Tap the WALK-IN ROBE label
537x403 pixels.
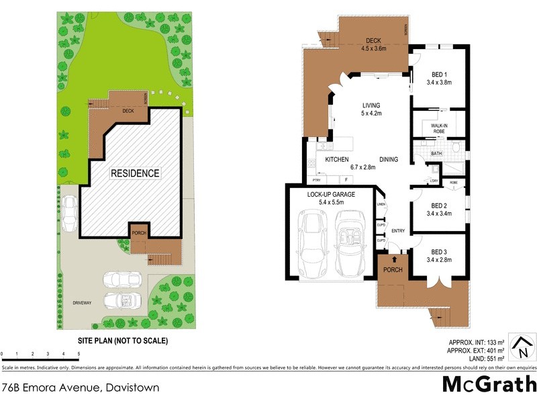pyautogui.click(x=438, y=128)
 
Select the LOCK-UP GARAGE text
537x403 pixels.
pyautogui.click(x=330, y=194)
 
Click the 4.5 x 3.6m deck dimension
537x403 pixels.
pyautogui.click(x=373, y=48)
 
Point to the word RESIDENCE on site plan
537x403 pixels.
pyautogui.click(x=136, y=173)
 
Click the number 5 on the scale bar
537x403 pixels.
pyautogui.click(x=79, y=353)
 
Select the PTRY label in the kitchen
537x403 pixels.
pyautogui.click(x=316, y=181)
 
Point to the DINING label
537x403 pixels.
pyautogui.click(x=389, y=160)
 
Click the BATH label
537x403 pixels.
pyautogui.click(x=436, y=154)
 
